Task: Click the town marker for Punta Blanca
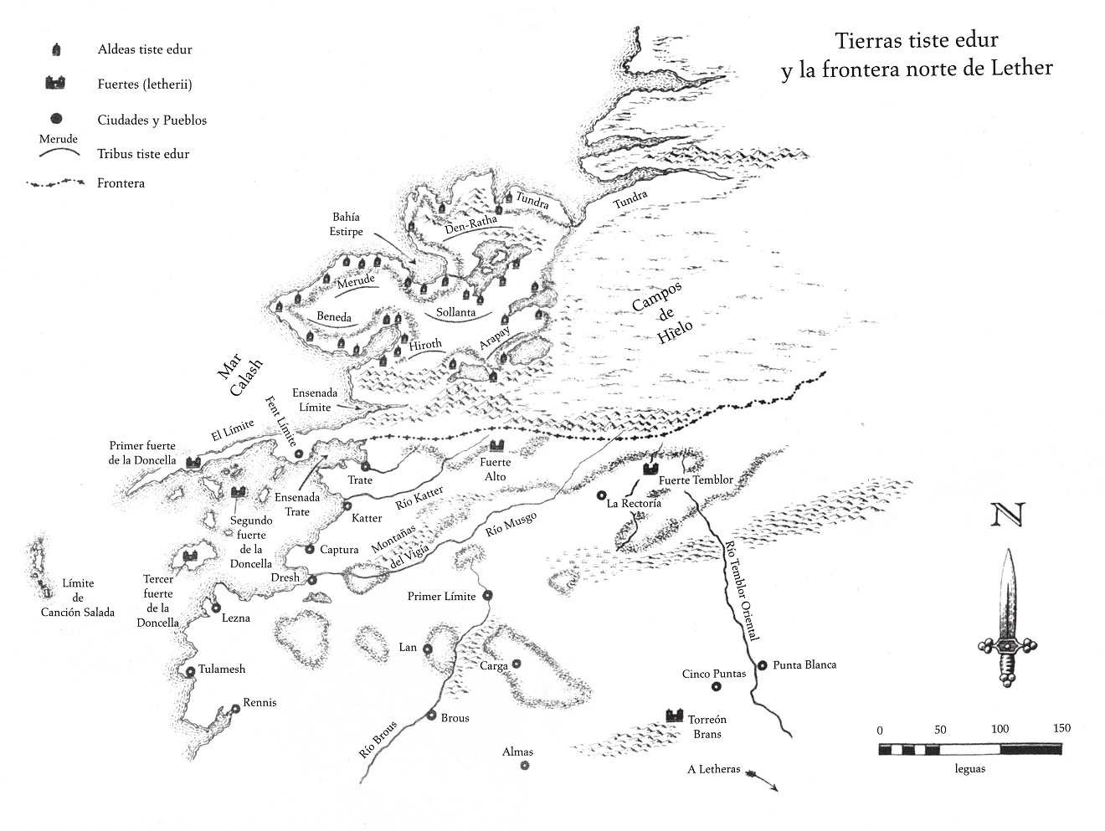pos(762,665)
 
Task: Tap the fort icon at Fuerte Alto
pos(496,445)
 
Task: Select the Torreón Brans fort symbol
pos(675,716)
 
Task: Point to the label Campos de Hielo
pos(662,313)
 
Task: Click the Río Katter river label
pos(419,497)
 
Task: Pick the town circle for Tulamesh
pos(191,671)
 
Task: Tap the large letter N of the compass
pos(1007,514)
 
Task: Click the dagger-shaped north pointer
pos(1007,618)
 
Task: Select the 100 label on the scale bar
pos(1000,729)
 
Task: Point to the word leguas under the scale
pos(969,768)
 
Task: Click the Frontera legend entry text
pos(121,183)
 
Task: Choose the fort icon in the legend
pos(55,83)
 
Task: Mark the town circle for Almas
pos(525,765)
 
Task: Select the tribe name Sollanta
pos(455,312)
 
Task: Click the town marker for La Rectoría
pos(600,495)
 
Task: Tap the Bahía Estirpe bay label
pos(347,224)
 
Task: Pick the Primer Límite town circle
pos(487,596)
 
